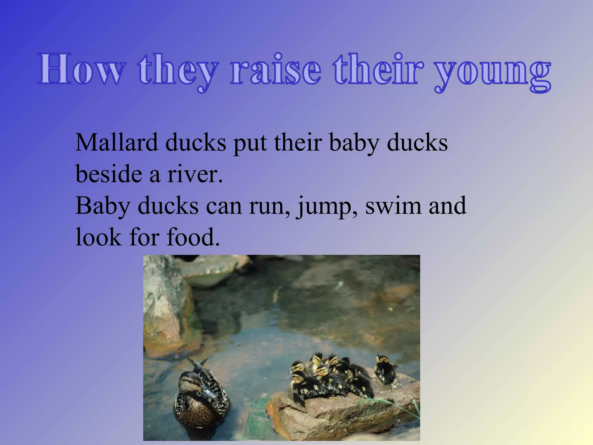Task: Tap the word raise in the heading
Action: [x=276, y=70]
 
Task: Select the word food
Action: [x=193, y=238]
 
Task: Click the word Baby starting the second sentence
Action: [x=103, y=206]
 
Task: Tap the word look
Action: [x=98, y=238]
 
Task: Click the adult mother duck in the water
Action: [x=200, y=400]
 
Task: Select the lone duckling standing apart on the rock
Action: [x=385, y=369]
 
